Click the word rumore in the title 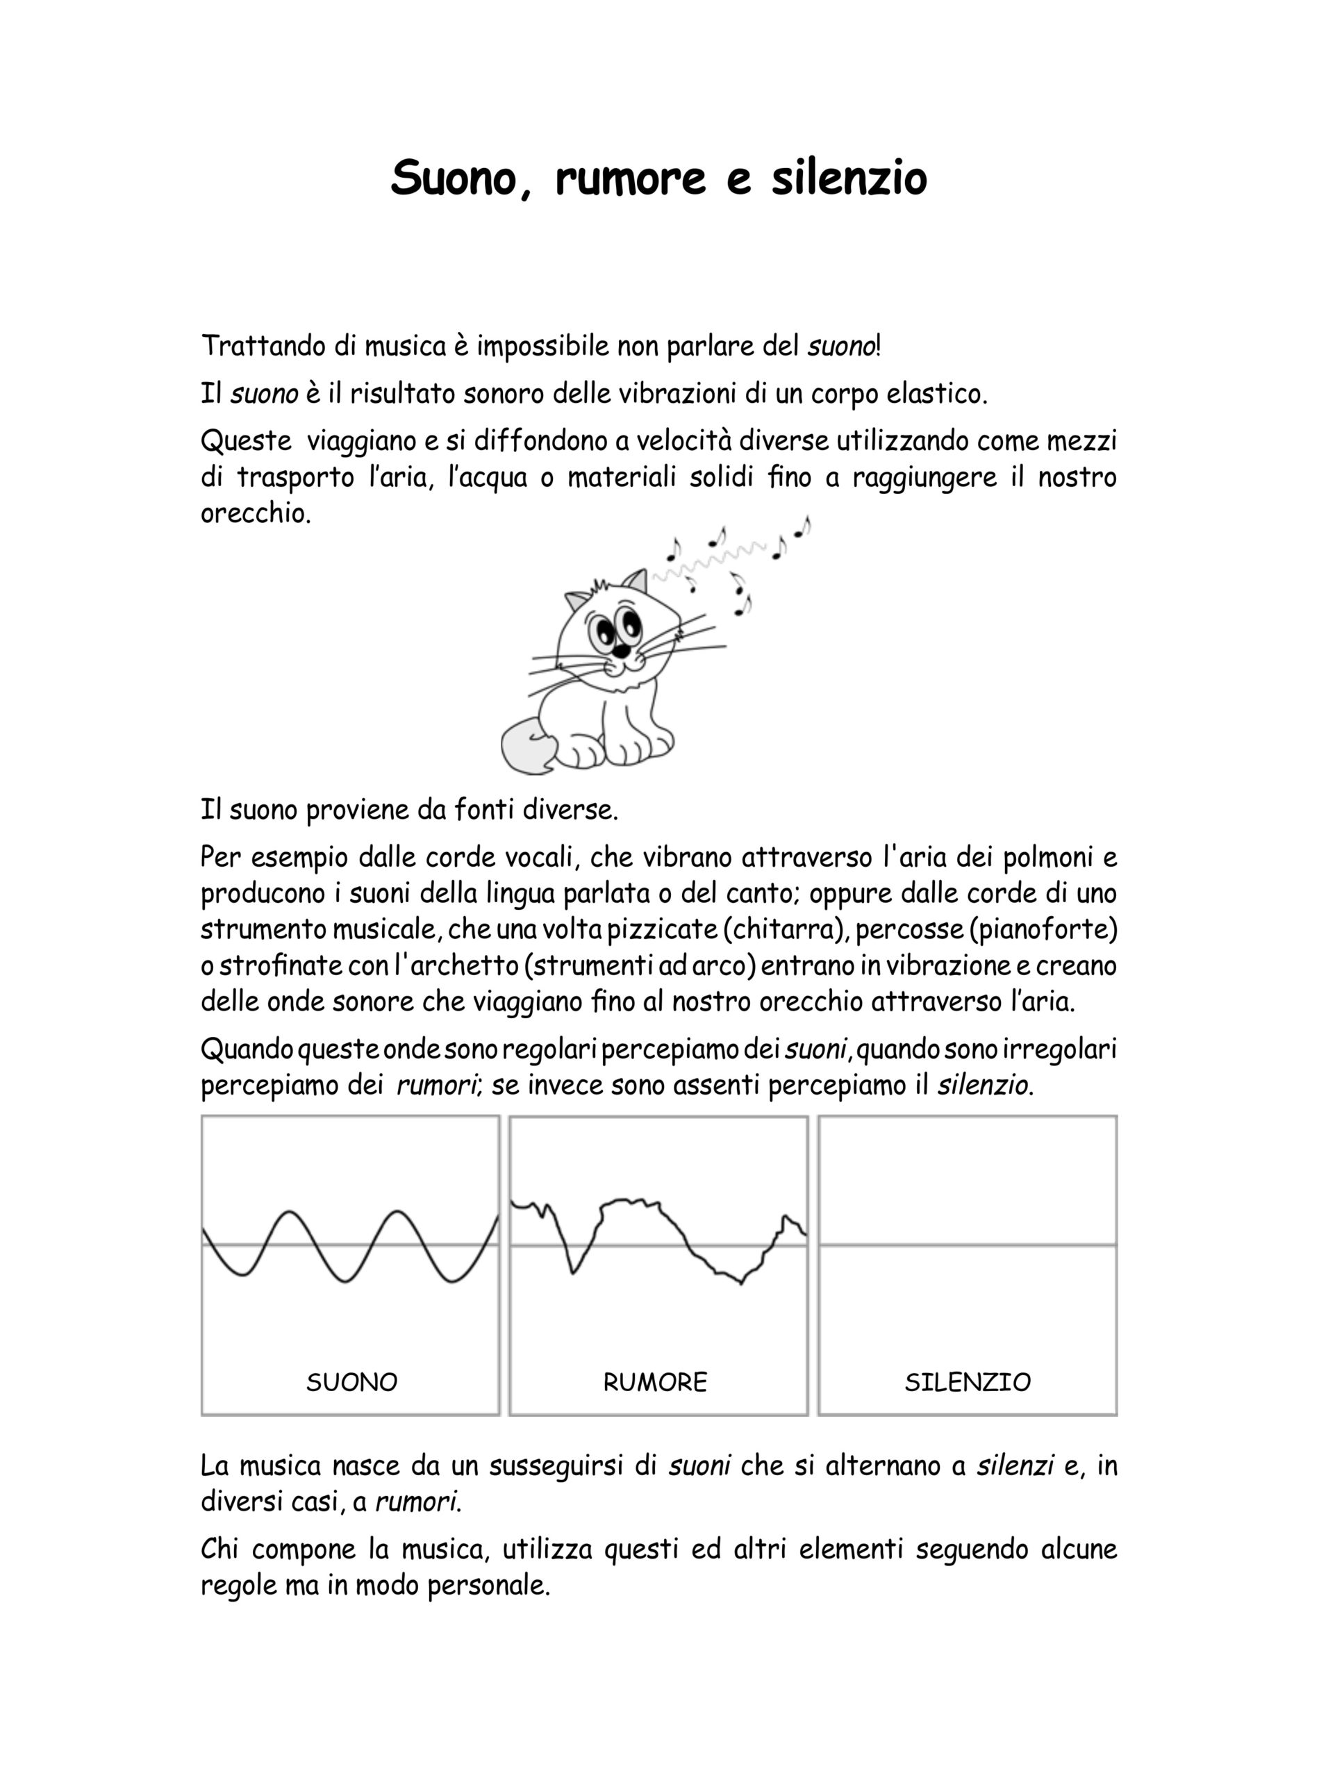[x=630, y=178]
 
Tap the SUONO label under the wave [x=351, y=1382]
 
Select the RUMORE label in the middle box [x=655, y=1382]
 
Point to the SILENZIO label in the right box [x=967, y=1382]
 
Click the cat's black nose [x=620, y=653]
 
